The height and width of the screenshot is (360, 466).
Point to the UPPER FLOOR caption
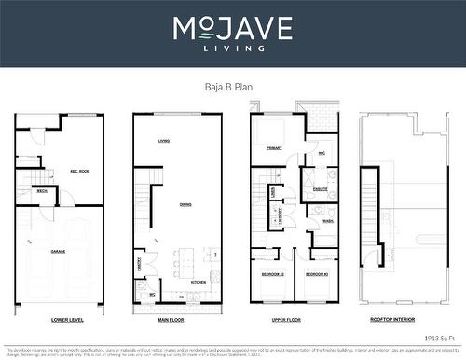287,320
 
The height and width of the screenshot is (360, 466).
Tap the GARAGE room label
58,252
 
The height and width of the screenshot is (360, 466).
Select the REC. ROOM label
79,171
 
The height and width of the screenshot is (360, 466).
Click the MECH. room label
42,190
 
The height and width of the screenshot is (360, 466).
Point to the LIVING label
164,141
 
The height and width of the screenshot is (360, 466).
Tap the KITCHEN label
198,282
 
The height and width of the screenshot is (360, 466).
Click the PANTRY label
139,264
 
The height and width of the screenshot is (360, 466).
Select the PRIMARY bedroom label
274,148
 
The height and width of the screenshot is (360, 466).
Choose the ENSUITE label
320,188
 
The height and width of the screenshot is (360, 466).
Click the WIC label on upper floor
321,153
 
